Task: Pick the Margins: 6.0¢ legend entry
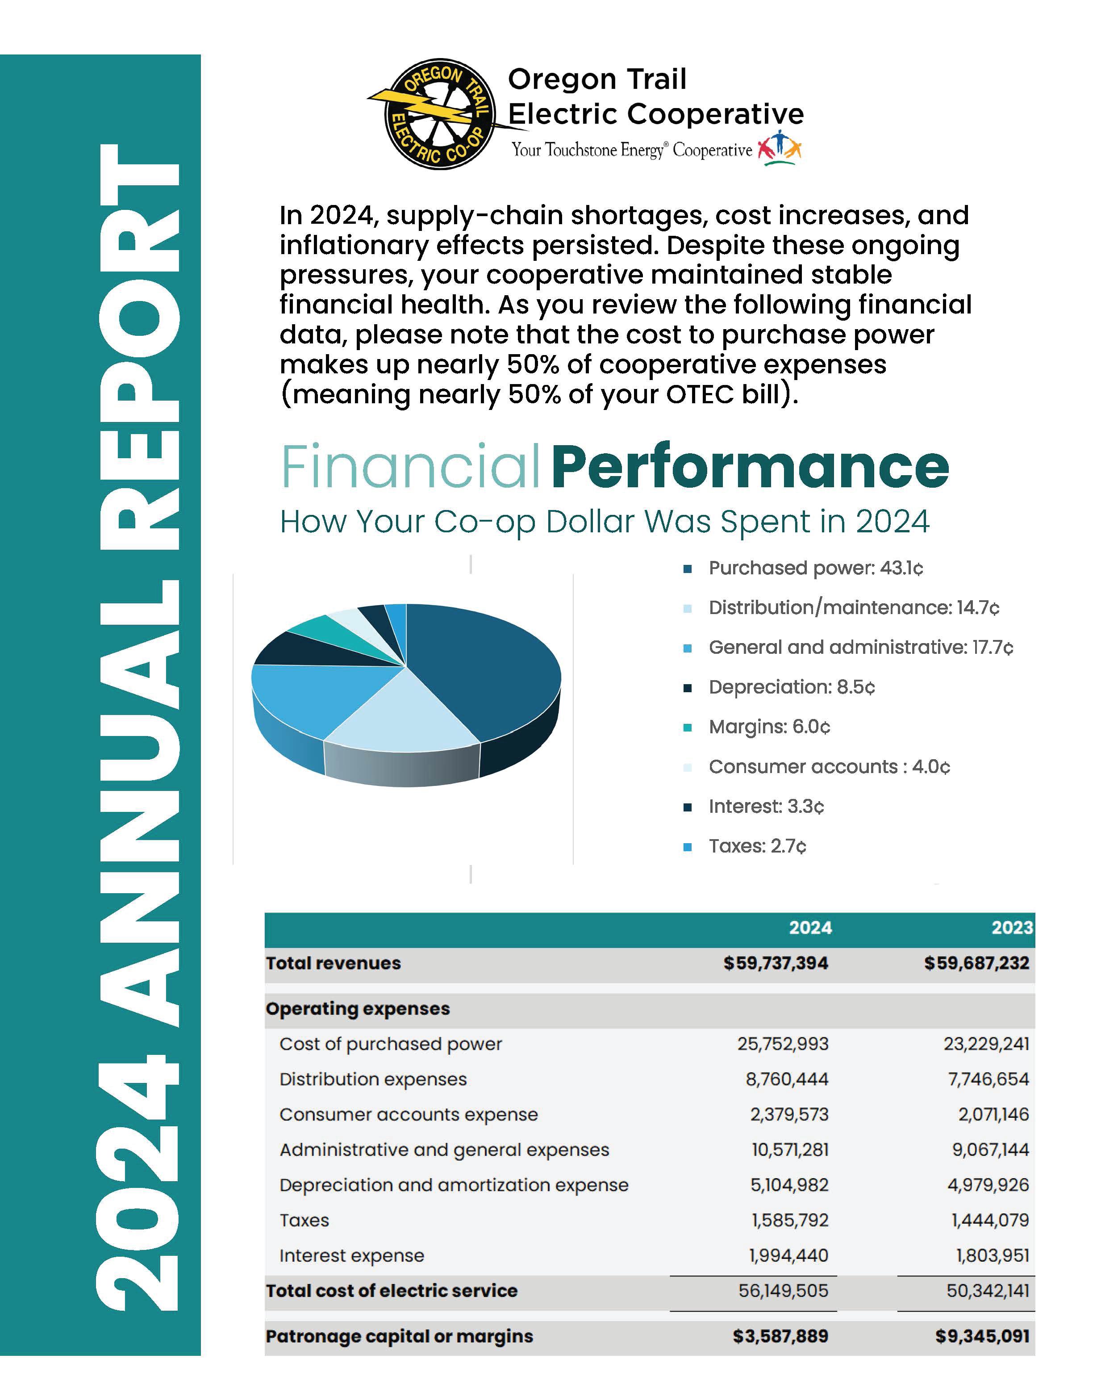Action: tap(769, 727)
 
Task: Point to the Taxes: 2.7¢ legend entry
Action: tap(757, 847)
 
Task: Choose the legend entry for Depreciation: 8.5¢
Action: tap(791, 687)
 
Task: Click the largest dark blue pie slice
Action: tap(488, 668)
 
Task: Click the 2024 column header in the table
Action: tap(810, 928)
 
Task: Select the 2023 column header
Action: tap(1012, 928)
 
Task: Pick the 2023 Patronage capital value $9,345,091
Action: tap(982, 1337)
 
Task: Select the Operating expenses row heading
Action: tap(358, 1009)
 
